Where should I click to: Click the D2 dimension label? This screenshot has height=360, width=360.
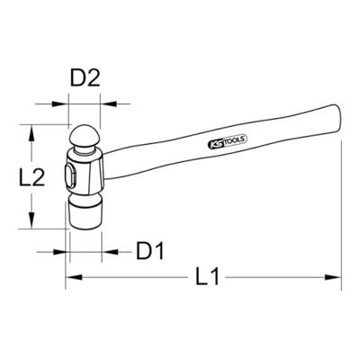85,78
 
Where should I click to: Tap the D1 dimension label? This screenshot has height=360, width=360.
150,250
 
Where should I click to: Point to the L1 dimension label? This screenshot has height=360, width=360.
207,276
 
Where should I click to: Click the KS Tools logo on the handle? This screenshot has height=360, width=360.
227,141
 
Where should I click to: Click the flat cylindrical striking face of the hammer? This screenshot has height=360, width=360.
85,214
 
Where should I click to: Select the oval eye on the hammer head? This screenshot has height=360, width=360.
70,176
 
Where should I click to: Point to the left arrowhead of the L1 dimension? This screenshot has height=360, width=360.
74,277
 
